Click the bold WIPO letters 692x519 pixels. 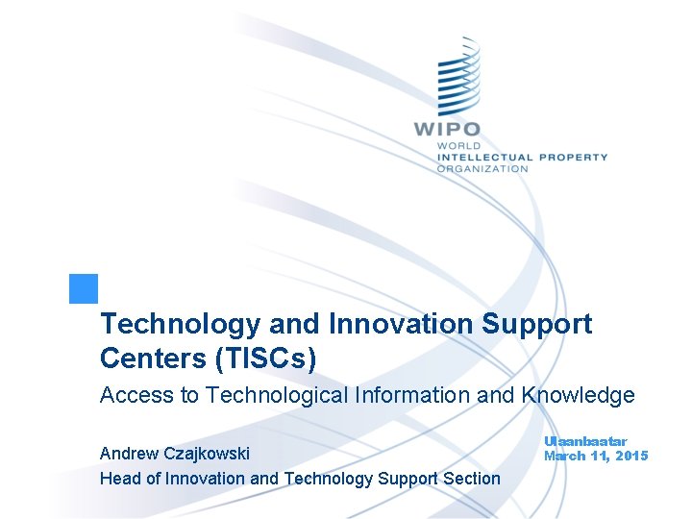pyautogui.click(x=447, y=129)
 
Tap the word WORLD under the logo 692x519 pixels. pyautogui.click(x=457, y=146)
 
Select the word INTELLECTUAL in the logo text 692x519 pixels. pyautogui.click(x=484, y=157)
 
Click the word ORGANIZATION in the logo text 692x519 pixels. pyautogui.click(x=482, y=168)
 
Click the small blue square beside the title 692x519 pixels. pyautogui.click(x=84, y=289)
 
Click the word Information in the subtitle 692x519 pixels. pyautogui.click(x=418, y=395)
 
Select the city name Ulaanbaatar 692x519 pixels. pyautogui.click(x=585, y=441)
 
